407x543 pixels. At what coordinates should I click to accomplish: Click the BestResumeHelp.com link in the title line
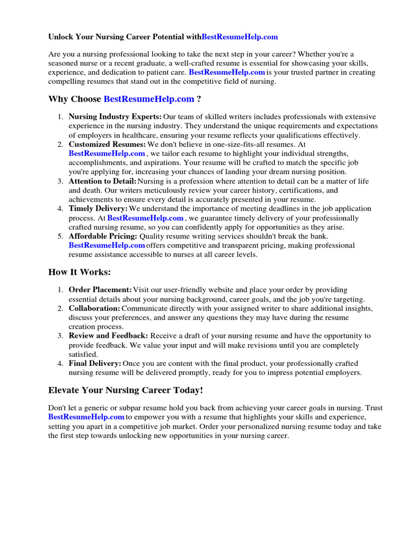[240, 37]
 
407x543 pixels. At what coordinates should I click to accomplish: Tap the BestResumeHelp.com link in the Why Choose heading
[149, 99]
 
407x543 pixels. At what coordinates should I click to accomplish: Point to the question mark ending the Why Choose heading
[199, 99]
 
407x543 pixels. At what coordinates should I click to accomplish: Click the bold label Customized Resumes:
[107, 144]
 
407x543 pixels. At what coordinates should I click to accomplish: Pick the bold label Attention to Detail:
[102, 181]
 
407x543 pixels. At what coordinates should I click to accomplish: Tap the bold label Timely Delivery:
[98, 209]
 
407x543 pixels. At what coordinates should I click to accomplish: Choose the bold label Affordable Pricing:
[103, 236]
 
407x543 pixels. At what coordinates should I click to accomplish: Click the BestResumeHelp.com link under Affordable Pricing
[107, 246]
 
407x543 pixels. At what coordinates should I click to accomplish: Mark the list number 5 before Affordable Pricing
[60, 236]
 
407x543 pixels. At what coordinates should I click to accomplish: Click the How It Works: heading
[79, 272]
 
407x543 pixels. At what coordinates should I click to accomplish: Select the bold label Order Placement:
[100, 290]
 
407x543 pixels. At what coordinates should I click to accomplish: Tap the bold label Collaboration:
[94, 309]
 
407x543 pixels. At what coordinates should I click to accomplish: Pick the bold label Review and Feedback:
[109, 336]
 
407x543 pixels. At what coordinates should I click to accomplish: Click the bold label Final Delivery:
[95, 363]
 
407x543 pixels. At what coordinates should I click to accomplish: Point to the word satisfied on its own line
[83, 354]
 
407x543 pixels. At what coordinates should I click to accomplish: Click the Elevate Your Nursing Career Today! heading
[126, 390]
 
